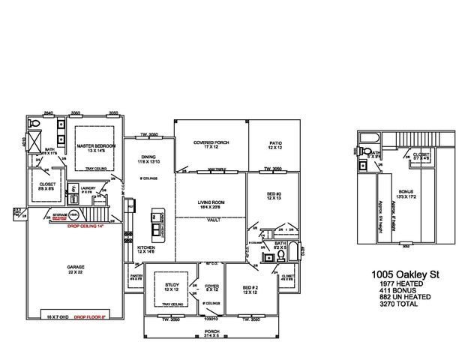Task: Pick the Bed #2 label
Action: point(250,289)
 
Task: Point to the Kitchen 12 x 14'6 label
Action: point(145,250)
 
